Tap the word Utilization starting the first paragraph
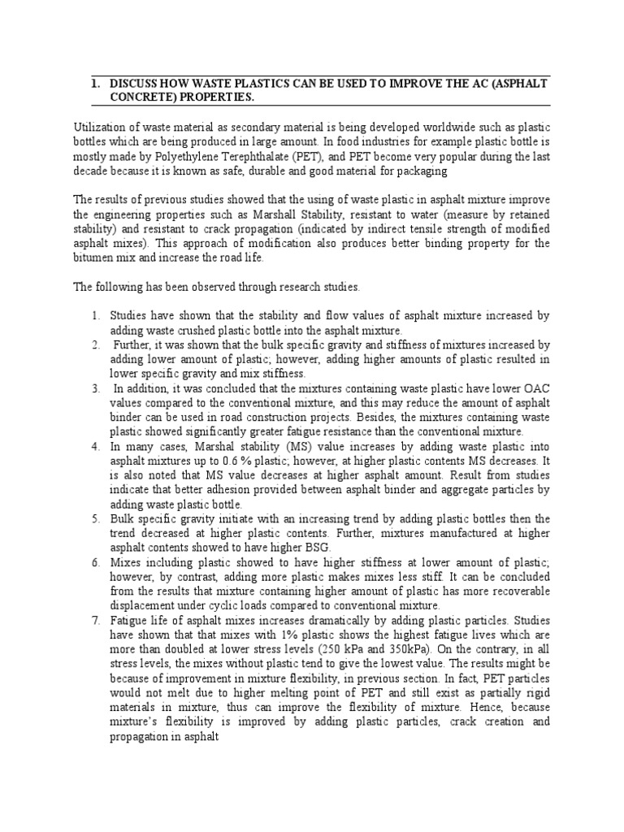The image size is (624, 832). [102, 126]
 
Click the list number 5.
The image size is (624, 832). [94, 518]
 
